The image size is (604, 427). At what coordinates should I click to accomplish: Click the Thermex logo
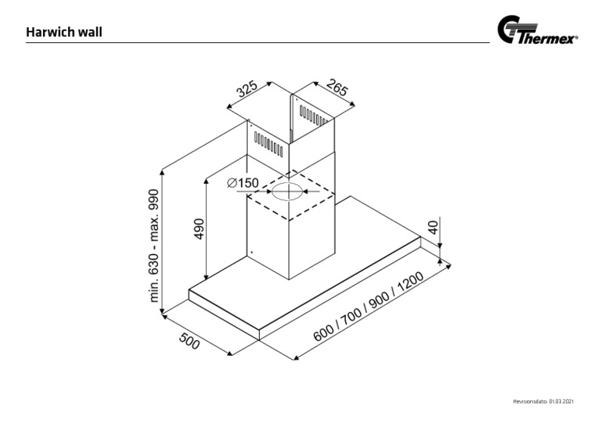pos(538,30)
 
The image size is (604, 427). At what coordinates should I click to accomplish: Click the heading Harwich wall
pos(64,32)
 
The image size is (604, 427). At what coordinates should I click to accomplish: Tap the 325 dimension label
pos(247,89)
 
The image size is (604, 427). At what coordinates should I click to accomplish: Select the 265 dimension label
pos(337,88)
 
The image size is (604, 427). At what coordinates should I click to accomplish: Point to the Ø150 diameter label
pos(242,182)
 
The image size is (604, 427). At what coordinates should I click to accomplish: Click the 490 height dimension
pos(199,228)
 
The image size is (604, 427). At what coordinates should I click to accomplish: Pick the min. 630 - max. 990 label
pos(153,246)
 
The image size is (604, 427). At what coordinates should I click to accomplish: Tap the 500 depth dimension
pos(190,341)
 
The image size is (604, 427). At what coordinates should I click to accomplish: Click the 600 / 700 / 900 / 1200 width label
pos(368,307)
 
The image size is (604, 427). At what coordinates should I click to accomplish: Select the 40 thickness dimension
pos(433,227)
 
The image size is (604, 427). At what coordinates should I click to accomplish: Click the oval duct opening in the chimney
pos(288,191)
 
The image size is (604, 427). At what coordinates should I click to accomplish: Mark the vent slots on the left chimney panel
pos(269,144)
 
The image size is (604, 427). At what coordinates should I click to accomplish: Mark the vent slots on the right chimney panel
pos(314,116)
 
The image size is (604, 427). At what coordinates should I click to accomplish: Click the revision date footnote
pos(543,401)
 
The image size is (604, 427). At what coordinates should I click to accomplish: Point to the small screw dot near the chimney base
pos(251,252)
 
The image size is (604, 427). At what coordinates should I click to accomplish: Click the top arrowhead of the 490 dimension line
pos(207,181)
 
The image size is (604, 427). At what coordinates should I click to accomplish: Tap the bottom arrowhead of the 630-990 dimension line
pos(162,311)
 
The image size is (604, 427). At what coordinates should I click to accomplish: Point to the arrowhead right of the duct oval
pos(305,191)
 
